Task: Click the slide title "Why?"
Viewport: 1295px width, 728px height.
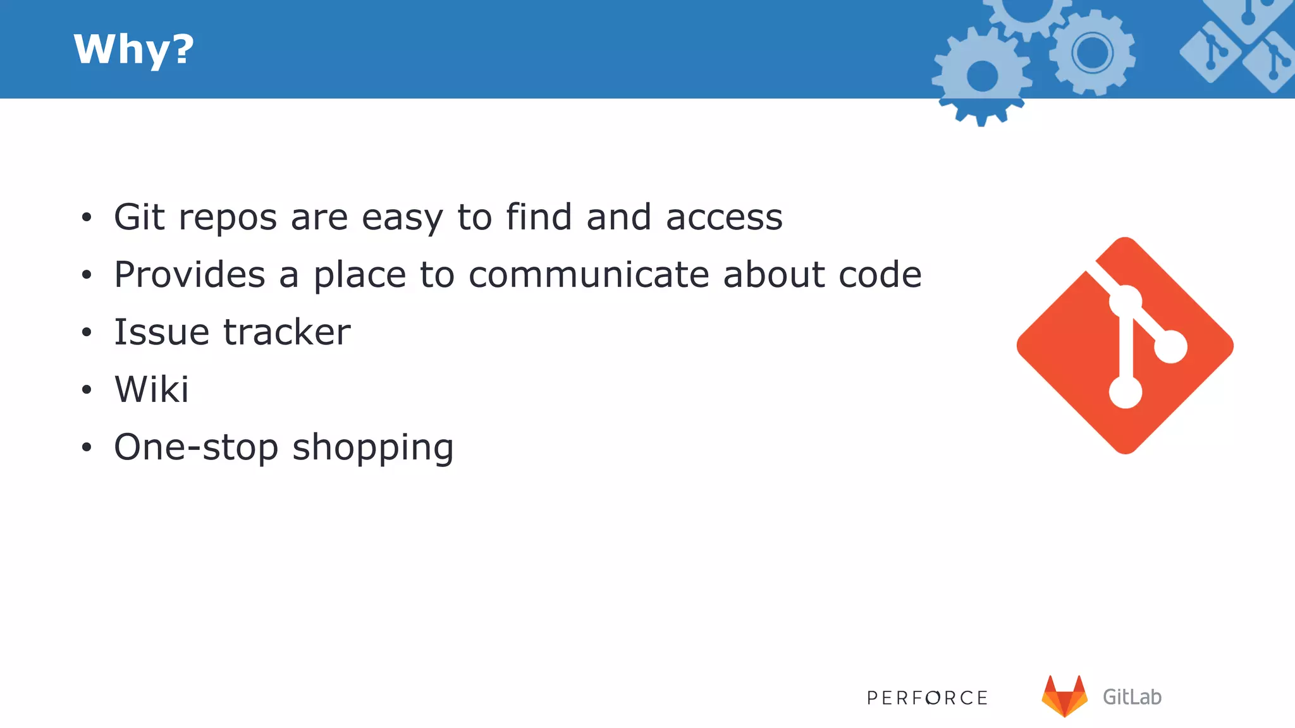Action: tap(133, 49)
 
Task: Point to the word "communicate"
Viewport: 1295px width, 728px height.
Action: tap(589, 275)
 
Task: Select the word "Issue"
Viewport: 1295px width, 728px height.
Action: tap(161, 332)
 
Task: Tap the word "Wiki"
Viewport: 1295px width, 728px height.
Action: tap(152, 389)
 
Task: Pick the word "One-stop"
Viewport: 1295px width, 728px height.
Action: tap(196, 447)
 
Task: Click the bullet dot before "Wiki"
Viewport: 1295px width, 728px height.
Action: tap(87, 390)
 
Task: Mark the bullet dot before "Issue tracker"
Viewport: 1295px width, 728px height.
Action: tap(87, 332)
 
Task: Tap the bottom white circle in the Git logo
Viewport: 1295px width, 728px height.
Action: tap(1125, 392)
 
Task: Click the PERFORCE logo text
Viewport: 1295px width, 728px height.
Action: tap(927, 698)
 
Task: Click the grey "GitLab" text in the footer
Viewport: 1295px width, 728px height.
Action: tap(1132, 697)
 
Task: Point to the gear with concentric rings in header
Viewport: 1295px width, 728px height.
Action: tap(1092, 53)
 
